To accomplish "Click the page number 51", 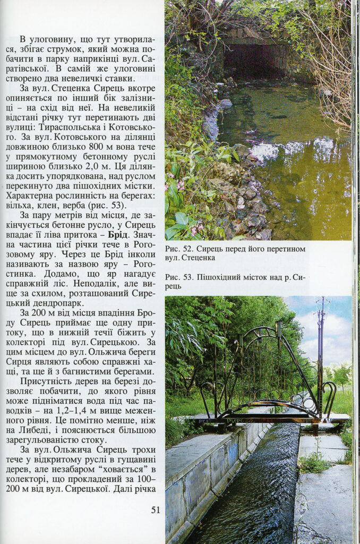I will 156,510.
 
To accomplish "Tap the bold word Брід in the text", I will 117,234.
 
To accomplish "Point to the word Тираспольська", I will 78,128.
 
